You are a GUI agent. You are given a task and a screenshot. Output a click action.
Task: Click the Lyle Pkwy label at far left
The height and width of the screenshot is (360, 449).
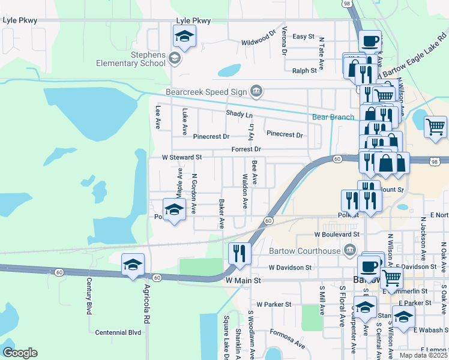click(x=20, y=20)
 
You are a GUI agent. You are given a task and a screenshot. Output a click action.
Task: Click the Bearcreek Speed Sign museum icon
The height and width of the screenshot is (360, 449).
click(x=256, y=91)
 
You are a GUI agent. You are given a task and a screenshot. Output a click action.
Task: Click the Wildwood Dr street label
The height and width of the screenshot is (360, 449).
click(x=258, y=43)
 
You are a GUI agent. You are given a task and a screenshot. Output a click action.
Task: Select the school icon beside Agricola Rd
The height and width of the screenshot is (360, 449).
click(x=133, y=265)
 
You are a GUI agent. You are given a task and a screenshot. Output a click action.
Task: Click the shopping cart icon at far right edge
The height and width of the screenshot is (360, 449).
click(x=436, y=127)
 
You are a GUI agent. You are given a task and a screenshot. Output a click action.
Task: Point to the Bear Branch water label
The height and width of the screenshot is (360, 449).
click(x=333, y=117)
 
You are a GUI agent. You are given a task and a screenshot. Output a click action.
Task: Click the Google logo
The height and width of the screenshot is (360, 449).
click(x=20, y=353)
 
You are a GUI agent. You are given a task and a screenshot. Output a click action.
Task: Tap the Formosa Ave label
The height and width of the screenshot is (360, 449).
click(x=287, y=339)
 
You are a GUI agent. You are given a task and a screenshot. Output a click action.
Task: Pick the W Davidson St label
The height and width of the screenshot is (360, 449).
click(x=291, y=267)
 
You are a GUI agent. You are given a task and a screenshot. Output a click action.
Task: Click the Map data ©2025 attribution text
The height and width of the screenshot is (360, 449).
click(x=423, y=355)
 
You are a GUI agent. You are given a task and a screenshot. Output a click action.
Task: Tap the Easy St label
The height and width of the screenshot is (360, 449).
click(x=304, y=37)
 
